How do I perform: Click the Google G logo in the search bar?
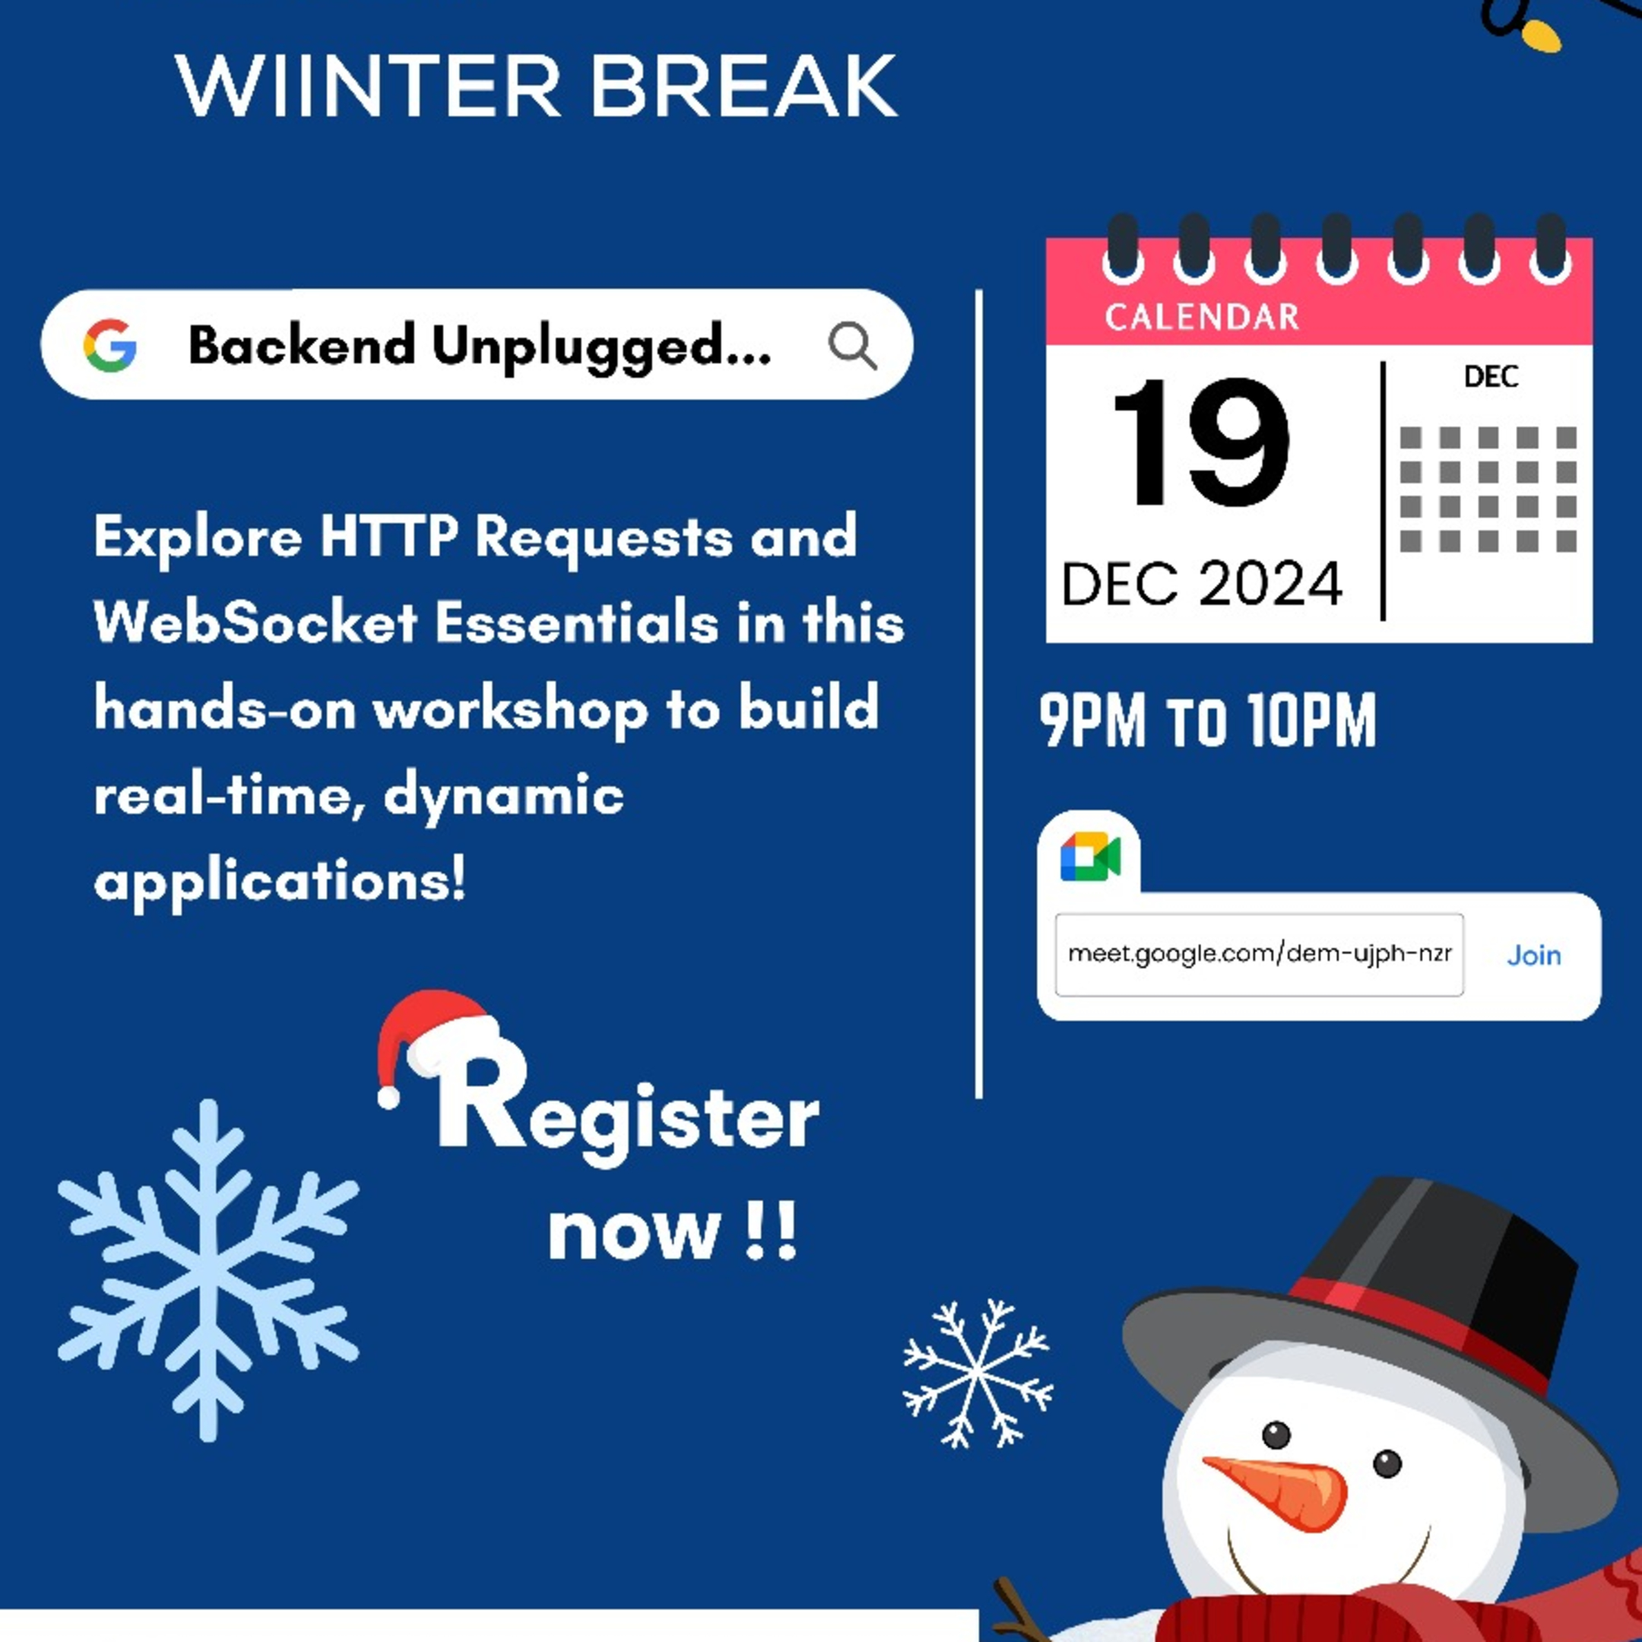tap(109, 345)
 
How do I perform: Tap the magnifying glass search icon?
tap(851, 345)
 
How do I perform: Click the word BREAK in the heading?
tap(743, 87)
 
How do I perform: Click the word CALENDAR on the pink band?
tap(1201, 317)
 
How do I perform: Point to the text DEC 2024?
tap(1201, 584)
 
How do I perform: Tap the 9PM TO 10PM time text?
tap(1207, 721)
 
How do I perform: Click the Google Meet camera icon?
tap(1090, 857)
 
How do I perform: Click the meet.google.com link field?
tap(1259, 955)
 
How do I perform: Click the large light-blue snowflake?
tap(208, 1270)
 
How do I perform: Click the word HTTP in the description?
tap(389, 537)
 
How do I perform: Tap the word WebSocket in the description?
tap(255, 623)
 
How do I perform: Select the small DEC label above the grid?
tap(1491, 376)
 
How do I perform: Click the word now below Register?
tap(634, 1232)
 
